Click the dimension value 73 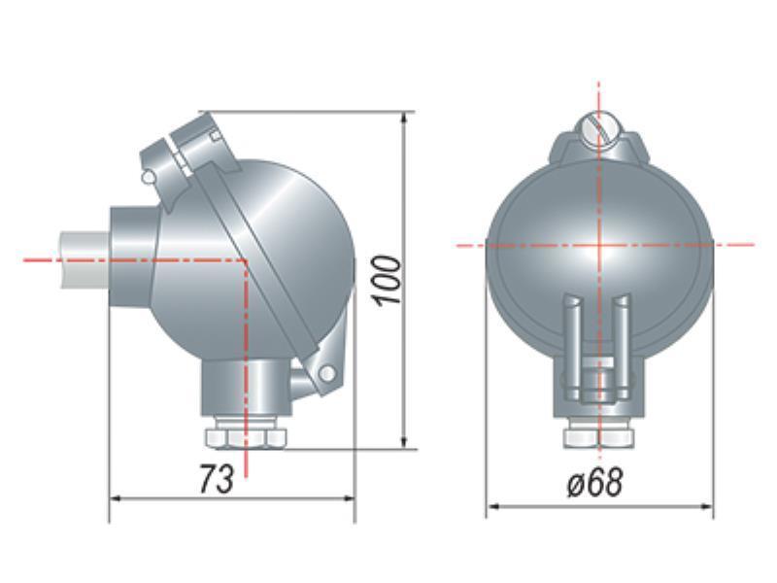[x=216, y=479]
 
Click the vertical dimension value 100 [x=387, y=280]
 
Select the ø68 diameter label [x=594, y=482]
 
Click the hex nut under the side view [x=246, y=436]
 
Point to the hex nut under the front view [x=599, y=436]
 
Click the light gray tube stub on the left [x=84, y=258]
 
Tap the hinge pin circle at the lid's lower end [x=326, y=373]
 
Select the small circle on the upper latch [x=148, y=177]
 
